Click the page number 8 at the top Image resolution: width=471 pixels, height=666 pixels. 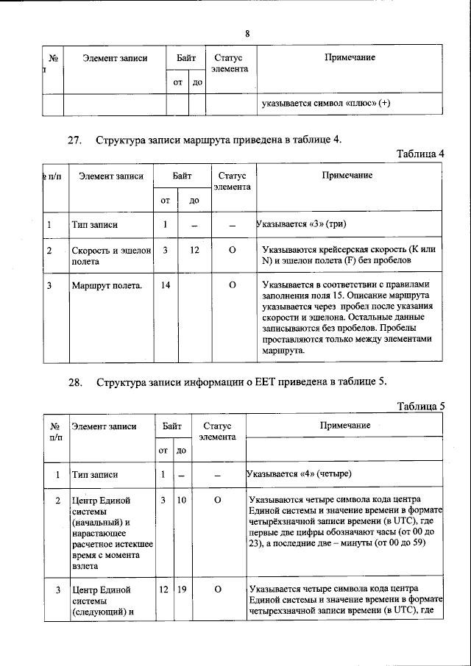(247, 33)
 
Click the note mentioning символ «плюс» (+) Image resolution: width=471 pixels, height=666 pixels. (326, 104)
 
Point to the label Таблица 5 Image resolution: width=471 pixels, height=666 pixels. (420, 406)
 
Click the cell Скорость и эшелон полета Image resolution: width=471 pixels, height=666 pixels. (110, 255)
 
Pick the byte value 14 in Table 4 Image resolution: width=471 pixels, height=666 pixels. (166, 284)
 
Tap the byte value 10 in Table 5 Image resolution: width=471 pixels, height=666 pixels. (181, 501)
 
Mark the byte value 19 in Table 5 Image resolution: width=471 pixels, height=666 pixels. (181, 589)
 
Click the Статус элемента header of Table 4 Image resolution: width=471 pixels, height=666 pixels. (232, 181)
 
